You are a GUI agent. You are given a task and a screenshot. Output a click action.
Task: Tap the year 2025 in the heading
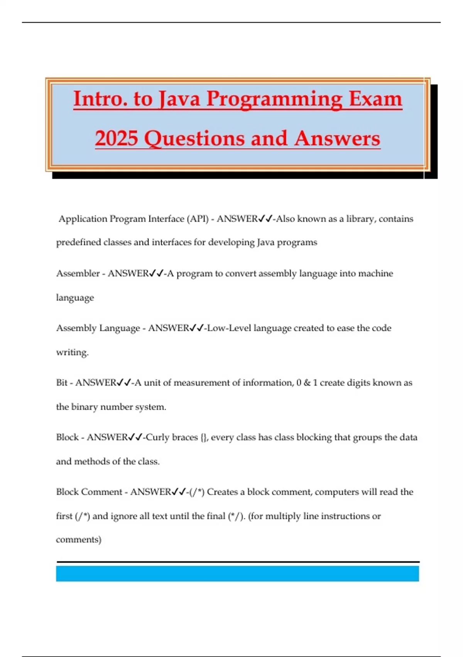point(116,138)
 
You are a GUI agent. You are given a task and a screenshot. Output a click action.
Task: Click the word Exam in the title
point(375,99)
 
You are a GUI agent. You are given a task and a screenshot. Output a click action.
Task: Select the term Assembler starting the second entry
point(78,274)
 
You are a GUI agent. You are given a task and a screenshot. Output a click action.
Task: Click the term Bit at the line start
point(62,383)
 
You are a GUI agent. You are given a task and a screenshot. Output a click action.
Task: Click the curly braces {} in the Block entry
point(204,437)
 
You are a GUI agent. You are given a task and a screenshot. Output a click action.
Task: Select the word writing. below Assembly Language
point(72,352)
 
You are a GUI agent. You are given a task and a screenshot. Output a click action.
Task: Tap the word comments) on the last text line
point(79,540)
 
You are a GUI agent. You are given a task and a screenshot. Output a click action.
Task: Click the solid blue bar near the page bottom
point(237,574)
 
